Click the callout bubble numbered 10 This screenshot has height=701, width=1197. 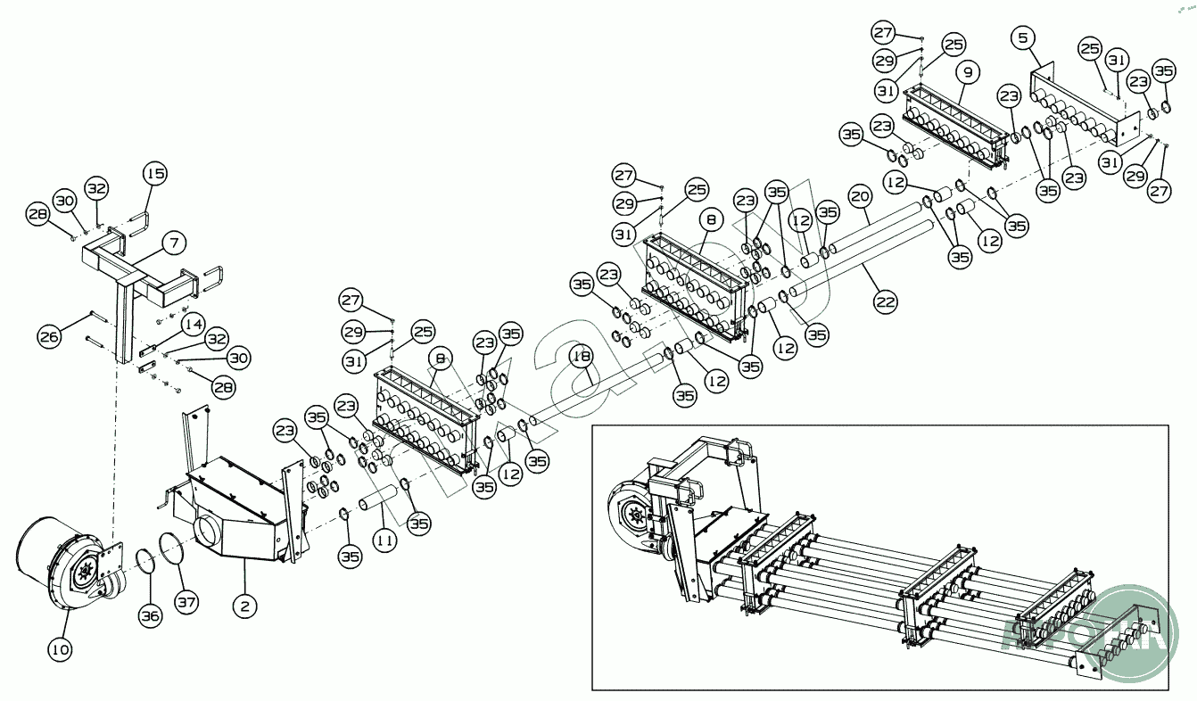[60, 649]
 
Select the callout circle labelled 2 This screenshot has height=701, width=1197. [244, 606]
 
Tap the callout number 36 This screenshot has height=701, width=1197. [151, 614]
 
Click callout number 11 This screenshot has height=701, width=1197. [384, 540]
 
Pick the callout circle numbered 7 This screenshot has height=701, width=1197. [174, 242]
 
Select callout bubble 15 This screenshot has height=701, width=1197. [155, 173]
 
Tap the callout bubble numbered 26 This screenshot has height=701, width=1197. [51, 335]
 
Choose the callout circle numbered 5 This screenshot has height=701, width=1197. [1023, 38]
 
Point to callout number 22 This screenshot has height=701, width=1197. [885, 301]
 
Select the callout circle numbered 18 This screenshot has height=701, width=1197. [582, 358]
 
